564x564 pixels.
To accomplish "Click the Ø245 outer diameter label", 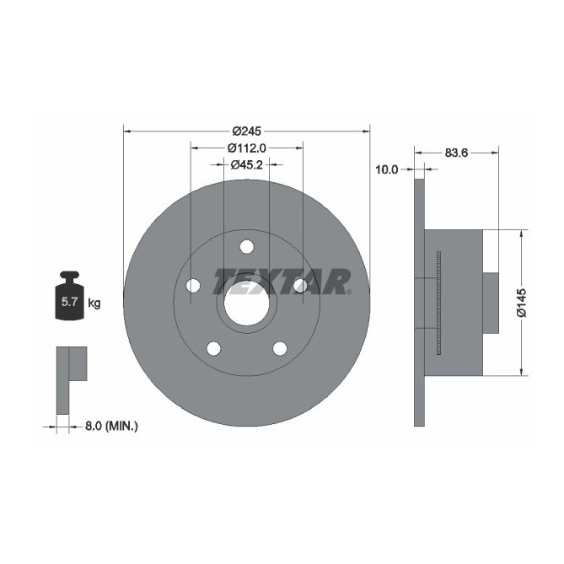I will tap(247, 131).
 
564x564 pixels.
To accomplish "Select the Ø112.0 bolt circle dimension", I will tap(247, 148).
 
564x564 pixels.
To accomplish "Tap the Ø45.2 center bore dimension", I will tap(247, 164).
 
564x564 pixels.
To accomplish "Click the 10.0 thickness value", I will tap(386, 169).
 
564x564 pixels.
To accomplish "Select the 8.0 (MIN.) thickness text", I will tap(111, 427).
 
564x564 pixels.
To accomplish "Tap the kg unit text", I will tap(94, 303).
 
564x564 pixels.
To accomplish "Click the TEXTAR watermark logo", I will tap(282, 282).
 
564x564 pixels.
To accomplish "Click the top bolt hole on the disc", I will tap(246, 246).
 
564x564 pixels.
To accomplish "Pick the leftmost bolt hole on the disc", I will tap(192, 287).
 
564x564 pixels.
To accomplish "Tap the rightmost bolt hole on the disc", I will tap(300, 287).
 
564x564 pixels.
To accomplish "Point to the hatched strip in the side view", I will tap(439, 303).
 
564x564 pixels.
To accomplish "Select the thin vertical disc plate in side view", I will tap(421, 303).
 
